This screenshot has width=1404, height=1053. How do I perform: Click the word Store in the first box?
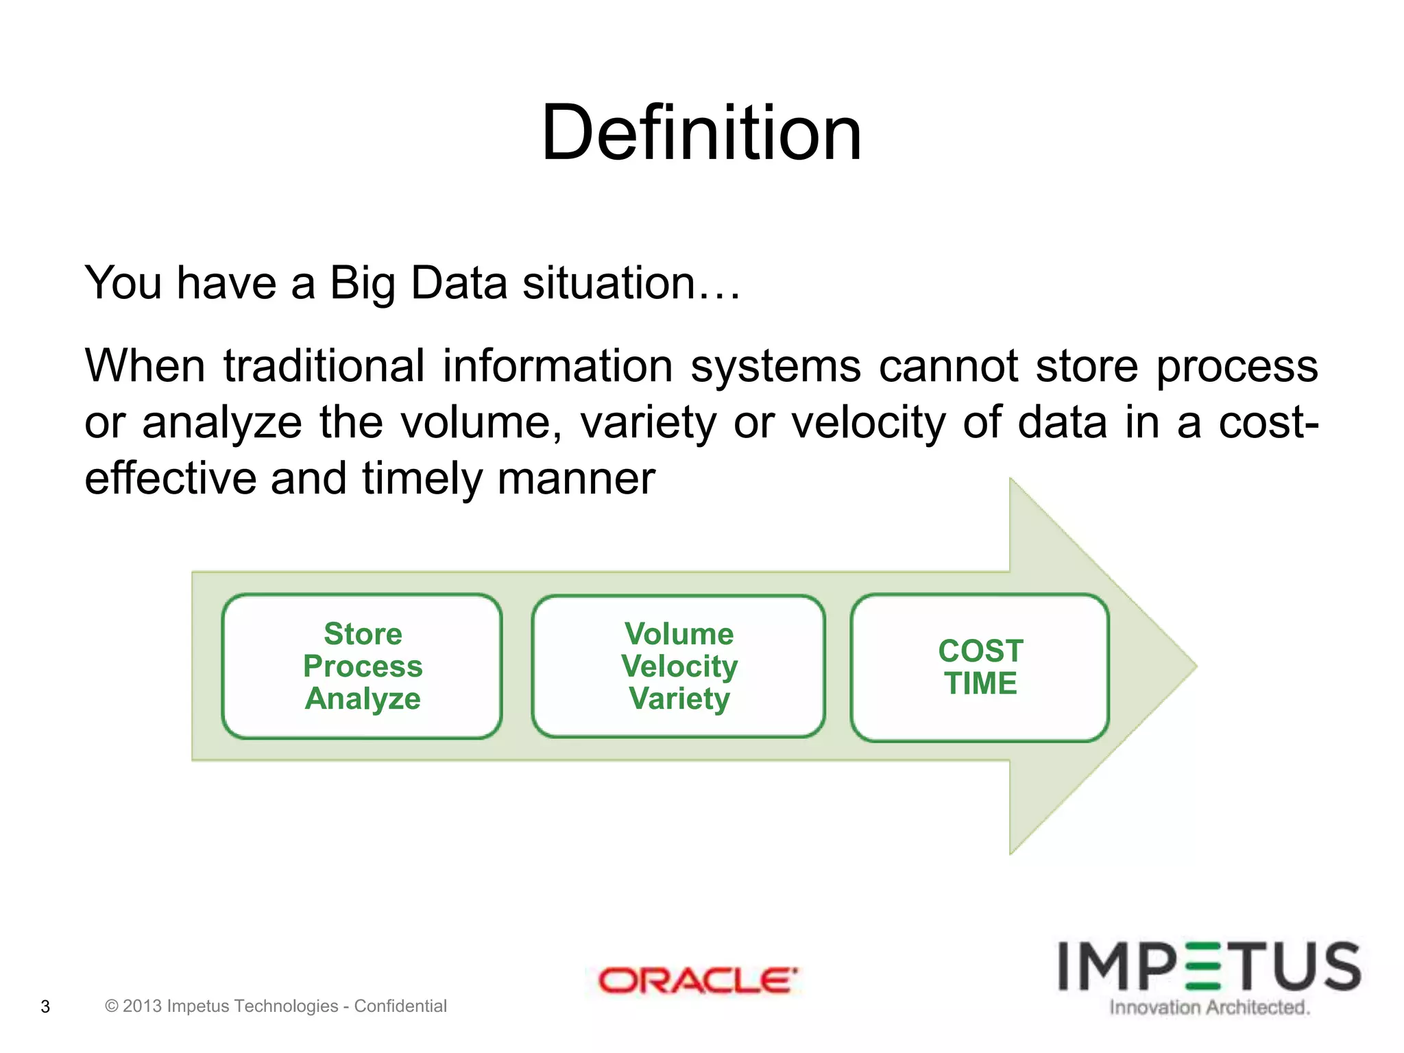pyautogui.click(x=363, y=633)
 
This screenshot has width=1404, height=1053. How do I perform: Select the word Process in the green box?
pyautogui.click(x=363, y=666)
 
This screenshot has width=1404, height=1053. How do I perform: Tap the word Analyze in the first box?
pyautogui.click(x=363, y=699)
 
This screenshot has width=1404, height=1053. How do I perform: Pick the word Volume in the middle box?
pyautogui.click(x=679, y=633)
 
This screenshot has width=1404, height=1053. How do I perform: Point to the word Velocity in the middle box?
pyautogui.click(x=679, y=666)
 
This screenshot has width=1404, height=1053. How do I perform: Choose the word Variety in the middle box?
pyautogui.click(x=679, y=699)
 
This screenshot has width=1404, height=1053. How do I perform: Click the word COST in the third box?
pyautogui.click(x=980, y=651)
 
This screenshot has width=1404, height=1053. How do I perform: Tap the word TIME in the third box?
pyautogui.click(x=980, y=683)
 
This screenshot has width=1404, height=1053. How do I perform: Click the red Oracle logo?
pyautogui.click(x=698, y=980)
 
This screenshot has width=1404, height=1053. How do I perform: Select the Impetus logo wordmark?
pyautogui.click(x=1209, y=967)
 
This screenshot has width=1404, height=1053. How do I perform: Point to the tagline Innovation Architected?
pyautogui.click(x=1209, y=1007)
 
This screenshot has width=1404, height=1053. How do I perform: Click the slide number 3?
pyautogui.click(x=45, y=1006)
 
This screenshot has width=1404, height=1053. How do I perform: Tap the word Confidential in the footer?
pyautogui.click(x=400, y=1006)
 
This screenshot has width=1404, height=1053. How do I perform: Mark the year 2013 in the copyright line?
pyautogui.click(x=142, y=1006)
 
